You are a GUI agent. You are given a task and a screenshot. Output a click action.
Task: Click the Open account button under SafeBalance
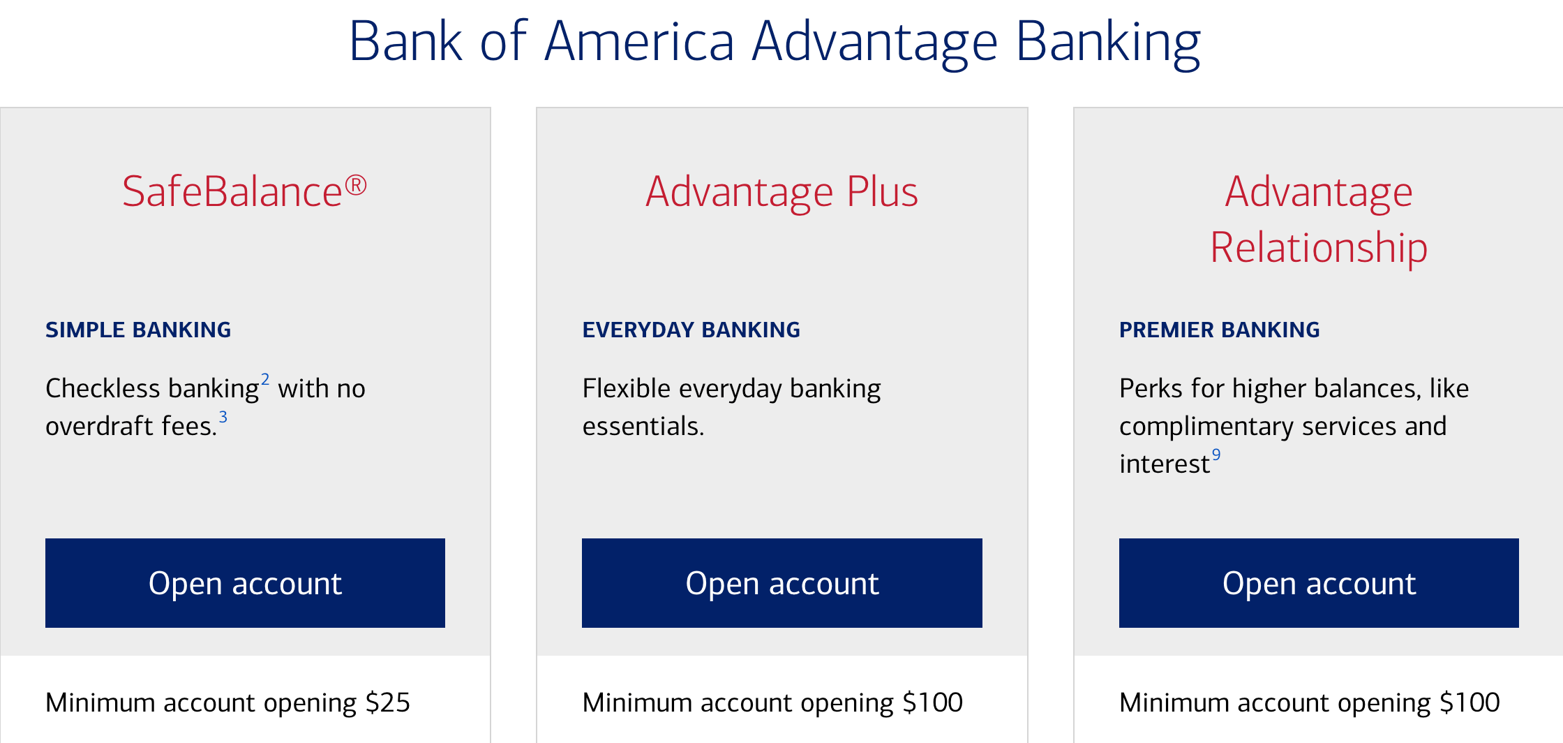tap(245, 583)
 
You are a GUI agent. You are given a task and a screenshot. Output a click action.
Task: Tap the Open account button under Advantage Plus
tap(782, 583)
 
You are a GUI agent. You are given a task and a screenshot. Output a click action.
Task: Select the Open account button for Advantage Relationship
tap(1319, 583)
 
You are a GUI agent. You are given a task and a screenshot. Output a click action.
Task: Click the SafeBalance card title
tap(244, 191)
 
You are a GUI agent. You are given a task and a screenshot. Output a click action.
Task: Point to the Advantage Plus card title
tap(781, 192)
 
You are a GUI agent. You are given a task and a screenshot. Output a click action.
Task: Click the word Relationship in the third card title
tap(1319, 248)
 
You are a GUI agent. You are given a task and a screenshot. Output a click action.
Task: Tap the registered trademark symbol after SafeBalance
tap(356, 185)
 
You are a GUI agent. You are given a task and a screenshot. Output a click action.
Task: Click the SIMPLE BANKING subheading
tap(138, 330)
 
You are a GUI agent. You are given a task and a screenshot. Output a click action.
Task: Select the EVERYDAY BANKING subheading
tap(691, 330)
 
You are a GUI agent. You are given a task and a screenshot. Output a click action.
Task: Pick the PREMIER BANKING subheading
tap(1220, 330)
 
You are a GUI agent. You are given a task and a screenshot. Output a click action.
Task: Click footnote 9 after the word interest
tap(1216, 455)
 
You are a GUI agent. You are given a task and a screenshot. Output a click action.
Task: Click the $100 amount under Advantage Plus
tap(933, 702)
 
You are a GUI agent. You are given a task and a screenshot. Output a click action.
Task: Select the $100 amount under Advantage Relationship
tap(1469, 702)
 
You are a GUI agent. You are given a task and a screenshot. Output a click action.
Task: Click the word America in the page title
tap(640, 42)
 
